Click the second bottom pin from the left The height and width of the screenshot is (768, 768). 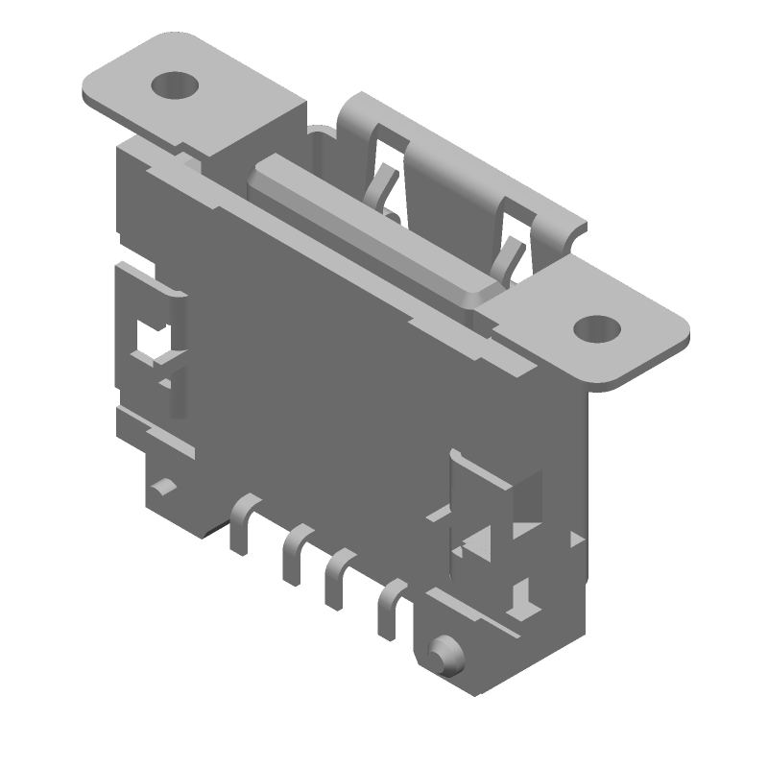[x=293, y=557]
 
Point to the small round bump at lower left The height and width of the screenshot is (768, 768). [x=165, y=485]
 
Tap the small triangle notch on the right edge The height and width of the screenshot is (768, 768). [x=576, y=539]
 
